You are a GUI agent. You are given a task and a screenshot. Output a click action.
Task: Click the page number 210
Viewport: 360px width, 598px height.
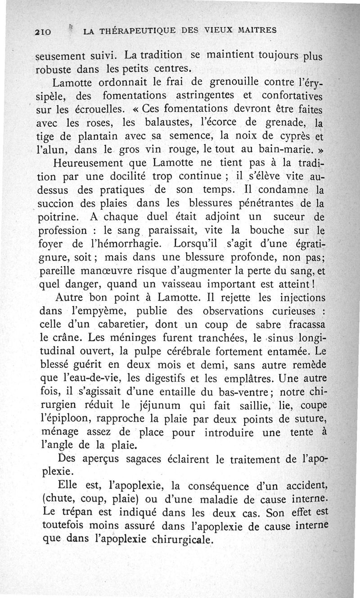[44, 32]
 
